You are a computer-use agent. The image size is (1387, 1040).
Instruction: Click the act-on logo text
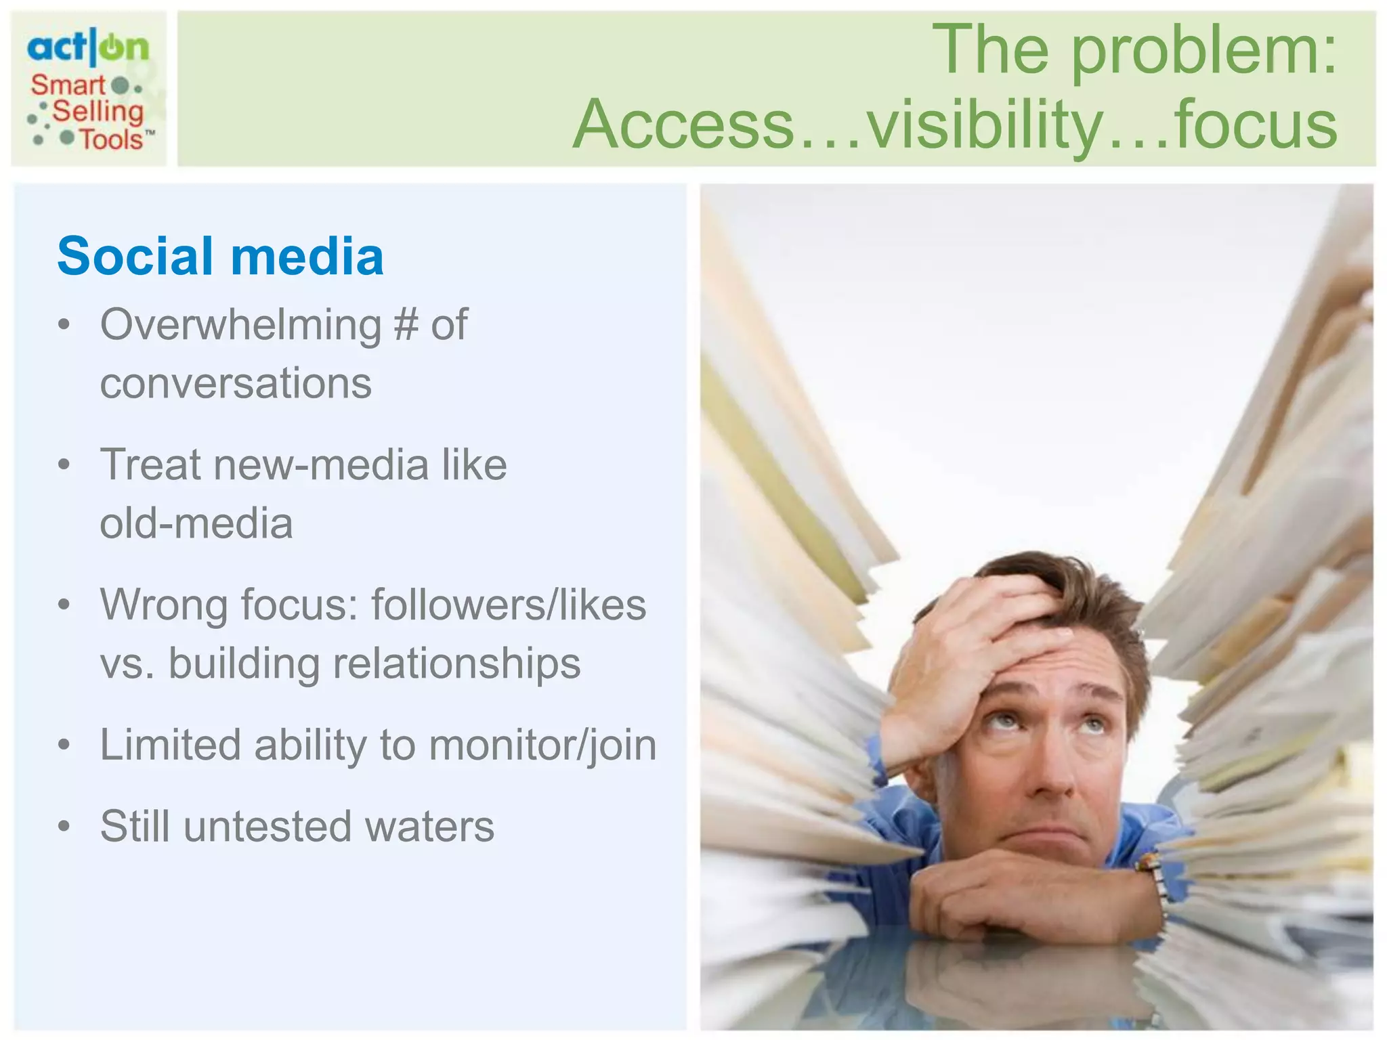click(88, 47)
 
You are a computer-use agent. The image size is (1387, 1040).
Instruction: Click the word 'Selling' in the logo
click(98, 112)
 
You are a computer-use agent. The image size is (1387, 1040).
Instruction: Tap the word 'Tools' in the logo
click(112, 139)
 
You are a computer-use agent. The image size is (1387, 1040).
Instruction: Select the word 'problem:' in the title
click(1203, 50)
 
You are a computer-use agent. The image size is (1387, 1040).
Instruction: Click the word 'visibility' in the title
click(985, 125)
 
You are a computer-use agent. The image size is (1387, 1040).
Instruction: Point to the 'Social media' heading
click(221, 257)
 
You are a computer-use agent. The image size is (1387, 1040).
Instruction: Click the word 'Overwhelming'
click(240, 326)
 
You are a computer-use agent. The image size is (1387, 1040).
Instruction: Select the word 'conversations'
click(236, 383)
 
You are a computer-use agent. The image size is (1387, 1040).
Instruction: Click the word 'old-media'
click(196, 523)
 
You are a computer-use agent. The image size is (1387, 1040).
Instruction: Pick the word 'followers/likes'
click(509, 605)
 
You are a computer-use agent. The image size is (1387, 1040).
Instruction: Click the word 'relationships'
click(456, 664)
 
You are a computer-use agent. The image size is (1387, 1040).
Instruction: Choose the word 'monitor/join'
click(542, 745)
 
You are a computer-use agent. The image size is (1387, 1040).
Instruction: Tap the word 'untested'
click(268, 827)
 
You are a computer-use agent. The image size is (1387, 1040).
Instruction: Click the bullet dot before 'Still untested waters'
click(64, 827)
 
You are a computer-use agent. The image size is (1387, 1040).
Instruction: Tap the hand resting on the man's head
click(975, 650)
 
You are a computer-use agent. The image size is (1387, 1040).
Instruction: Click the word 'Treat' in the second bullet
click(150, 465)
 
